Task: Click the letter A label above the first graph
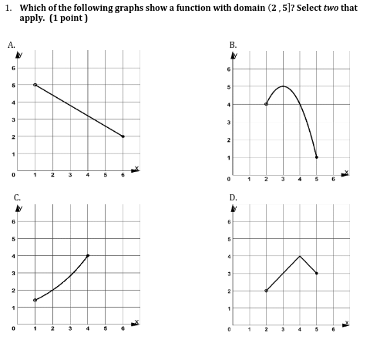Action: coord(12,44)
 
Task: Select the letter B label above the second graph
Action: coord(233,44)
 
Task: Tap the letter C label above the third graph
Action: coord(16,197)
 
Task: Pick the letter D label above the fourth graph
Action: coord(233,197)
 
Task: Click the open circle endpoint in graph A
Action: coord(35,85)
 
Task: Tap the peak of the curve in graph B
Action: coord(283,86)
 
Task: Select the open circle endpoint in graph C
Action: coord(35,300)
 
